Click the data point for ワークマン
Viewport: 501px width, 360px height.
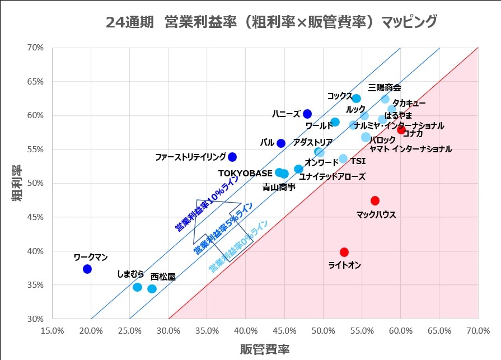(87, 269)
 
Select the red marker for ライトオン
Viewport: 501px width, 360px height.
(344, 252)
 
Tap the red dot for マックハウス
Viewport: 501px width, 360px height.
(375, 200)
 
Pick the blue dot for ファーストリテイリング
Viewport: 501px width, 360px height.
(232, 157)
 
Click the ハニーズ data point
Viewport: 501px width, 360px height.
(307, 114)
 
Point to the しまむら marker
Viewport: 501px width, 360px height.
(138, 287)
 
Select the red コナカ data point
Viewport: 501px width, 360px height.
(401, 130)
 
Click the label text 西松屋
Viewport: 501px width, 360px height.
(163, 277)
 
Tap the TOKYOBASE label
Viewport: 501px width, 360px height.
(245, 172)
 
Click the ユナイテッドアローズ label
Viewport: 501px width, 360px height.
(332, 177)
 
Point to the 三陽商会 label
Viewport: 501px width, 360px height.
(385, 87)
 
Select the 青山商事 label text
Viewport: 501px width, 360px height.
(279, 188)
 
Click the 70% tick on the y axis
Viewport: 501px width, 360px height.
(35, 48)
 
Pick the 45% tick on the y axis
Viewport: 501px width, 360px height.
(35, 217)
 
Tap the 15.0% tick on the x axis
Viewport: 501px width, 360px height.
(53, 330)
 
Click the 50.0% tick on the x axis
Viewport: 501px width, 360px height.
(324, 330)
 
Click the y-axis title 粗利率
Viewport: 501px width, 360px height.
(18, 183)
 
